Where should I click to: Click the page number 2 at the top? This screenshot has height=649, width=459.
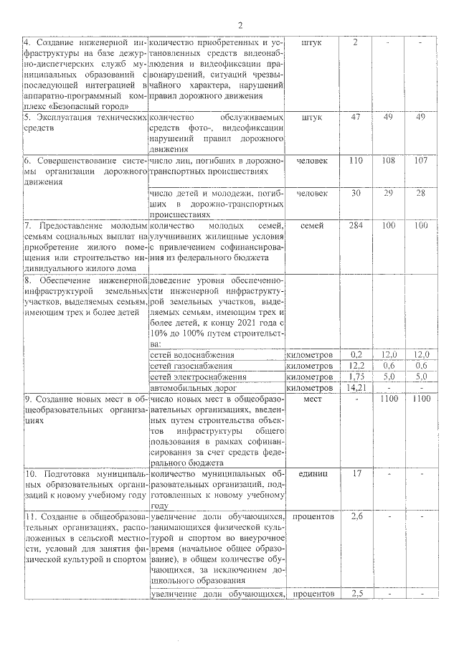240,26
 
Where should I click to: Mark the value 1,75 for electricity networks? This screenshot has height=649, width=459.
356,376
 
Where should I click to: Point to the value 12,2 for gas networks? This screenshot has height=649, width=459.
356,366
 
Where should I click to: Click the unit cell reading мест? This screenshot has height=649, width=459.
312,398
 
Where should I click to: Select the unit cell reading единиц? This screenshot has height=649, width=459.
312,474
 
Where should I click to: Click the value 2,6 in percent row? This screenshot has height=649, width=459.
356,516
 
